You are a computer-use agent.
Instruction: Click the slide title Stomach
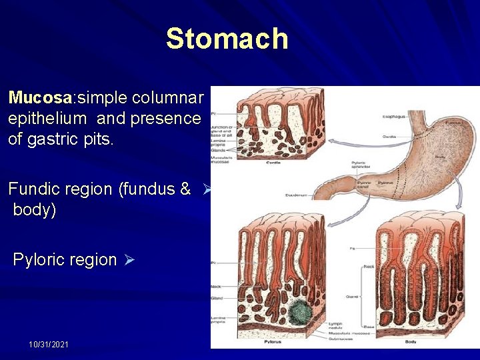coord(227,39)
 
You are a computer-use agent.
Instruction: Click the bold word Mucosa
coord(40,99)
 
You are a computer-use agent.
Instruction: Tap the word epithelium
coord(47,119)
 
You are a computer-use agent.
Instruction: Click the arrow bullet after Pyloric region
coord(130,260)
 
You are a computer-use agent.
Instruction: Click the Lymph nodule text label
coord(336,324)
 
